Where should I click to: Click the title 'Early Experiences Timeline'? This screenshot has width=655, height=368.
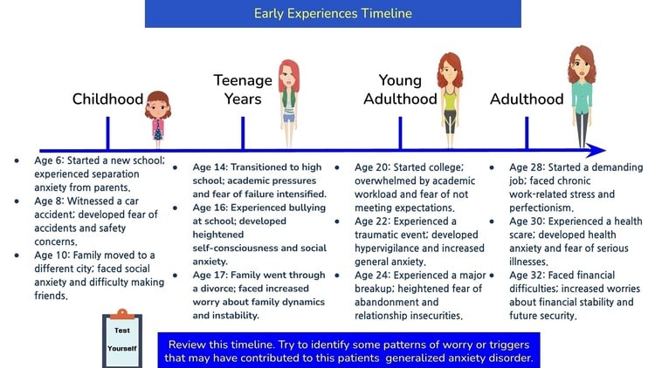[333, 13]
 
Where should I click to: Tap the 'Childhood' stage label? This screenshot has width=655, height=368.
[107, 99]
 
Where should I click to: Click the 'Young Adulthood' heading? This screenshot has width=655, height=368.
[399, 90]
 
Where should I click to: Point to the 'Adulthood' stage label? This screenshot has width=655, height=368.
[527, 99]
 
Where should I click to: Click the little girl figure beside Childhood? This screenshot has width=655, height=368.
[158, 115]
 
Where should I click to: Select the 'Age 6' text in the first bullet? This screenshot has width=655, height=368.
[51, 160]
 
